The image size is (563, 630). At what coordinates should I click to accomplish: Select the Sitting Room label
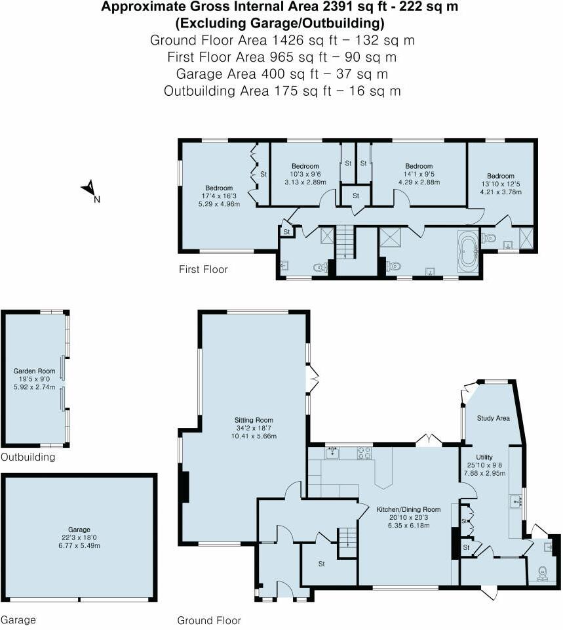[254, 420]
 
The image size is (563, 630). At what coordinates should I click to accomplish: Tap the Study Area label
[494, 418]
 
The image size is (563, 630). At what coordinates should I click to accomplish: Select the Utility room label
[484, 457]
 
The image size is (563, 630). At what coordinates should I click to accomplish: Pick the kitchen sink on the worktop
[334, 451]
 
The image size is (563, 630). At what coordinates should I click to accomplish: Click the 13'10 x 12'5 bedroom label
[500, 176]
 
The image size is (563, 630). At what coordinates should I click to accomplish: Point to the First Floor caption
[203, 270]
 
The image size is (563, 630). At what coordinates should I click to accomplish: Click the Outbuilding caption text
[28, 457]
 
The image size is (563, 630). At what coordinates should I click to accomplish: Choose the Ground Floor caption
[209, 620]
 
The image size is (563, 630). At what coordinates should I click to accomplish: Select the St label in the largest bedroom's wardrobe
[263, 174]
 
